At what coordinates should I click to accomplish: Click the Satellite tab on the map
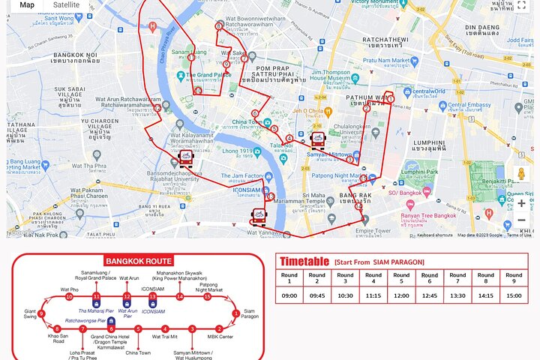click(x=66, y=4)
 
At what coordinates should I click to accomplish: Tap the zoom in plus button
click(x=521, y=202)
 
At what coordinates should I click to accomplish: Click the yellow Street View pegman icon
click(x=521, y=174)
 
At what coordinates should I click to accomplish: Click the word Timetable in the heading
click(x=304, y=262)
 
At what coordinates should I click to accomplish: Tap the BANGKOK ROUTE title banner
click(x=139, y=261)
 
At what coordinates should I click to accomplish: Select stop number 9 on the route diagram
click(x=41, y=313)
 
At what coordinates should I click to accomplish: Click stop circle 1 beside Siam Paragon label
click(x=236, y=313)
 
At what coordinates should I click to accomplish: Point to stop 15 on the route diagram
click(x=207, y=297)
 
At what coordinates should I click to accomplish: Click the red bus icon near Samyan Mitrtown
click(x=318, y=139)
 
